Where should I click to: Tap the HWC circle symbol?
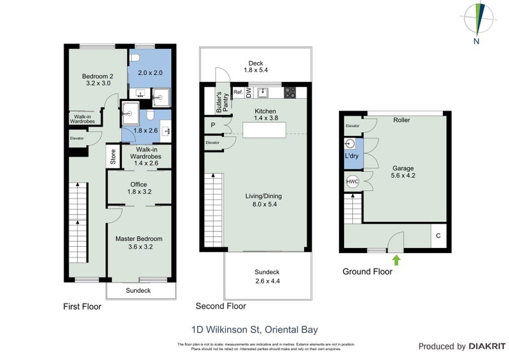coord(352,182)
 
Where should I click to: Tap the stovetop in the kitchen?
coord(289,93)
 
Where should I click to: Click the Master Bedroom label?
coord(139,242)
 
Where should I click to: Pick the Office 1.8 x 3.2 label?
coord(139,188)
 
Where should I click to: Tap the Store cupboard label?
coord(113,157)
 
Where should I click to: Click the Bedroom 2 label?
coord(97,80)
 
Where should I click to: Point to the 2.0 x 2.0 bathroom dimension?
coord(150,73)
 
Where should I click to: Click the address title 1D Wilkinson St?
coord(254,329)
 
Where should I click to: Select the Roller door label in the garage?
coord(401,120)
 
